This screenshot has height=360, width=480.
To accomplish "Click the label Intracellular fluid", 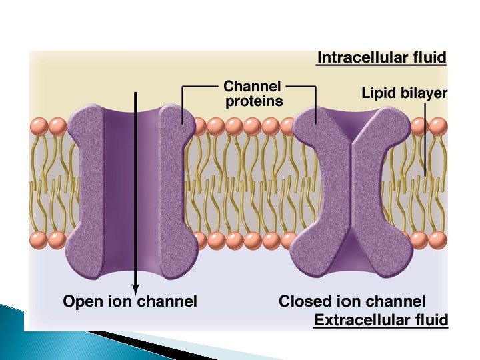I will point(381,57).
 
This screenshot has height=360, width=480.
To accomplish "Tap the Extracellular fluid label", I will point(381,320).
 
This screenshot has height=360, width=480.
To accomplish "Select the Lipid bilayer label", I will point(404,93).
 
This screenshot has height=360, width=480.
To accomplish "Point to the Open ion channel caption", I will point(130,301).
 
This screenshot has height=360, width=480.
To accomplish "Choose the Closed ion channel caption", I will point(352,301).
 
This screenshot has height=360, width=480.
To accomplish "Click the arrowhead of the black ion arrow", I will point(136,287).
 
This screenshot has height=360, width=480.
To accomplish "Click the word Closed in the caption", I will point(303,301).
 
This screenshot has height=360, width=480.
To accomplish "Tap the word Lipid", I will point(378,93).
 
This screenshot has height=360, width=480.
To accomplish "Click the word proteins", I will point(254,101).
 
